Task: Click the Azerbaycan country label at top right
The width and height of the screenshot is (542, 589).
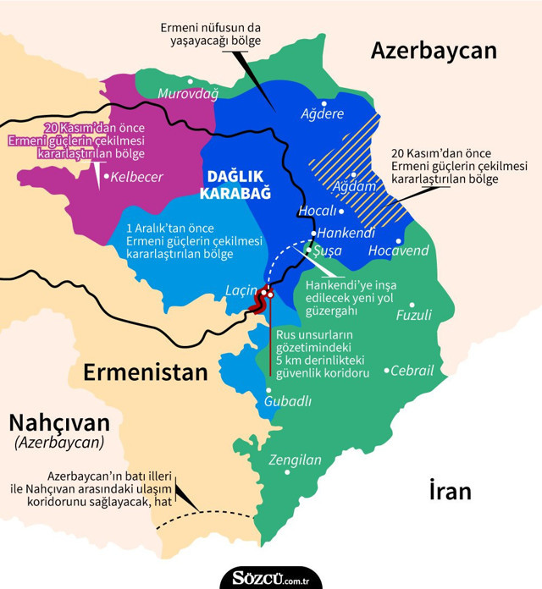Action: (433, 51)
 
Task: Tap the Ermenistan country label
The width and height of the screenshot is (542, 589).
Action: (145, 373)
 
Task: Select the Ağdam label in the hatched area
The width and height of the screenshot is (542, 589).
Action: (348, 185)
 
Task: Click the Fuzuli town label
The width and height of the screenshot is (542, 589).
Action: (414, 316)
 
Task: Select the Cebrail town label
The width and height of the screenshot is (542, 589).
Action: (414, 371)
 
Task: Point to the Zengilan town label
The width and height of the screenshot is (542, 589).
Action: (295, 461)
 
